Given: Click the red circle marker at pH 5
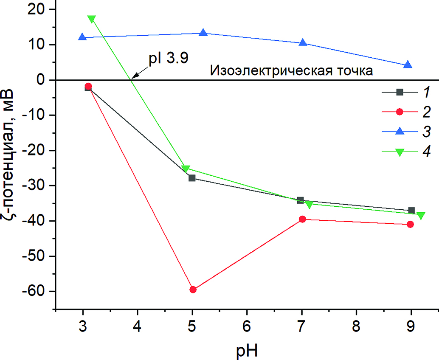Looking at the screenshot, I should (x=193, y=290).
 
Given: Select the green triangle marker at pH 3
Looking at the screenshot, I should (x=91, y=19).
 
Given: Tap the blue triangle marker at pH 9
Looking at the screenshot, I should (x=408, y=65).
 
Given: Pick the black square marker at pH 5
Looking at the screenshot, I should (x=192, y=178).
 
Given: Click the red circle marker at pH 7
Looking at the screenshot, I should (x=302, y=219).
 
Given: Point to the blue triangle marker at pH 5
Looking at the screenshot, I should (x=203, y=33).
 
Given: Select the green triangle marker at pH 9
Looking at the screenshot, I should (x=421, y=216).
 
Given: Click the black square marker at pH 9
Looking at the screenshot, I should (x=411, y=211).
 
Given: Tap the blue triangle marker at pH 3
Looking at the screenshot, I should (x=82, y=37).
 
